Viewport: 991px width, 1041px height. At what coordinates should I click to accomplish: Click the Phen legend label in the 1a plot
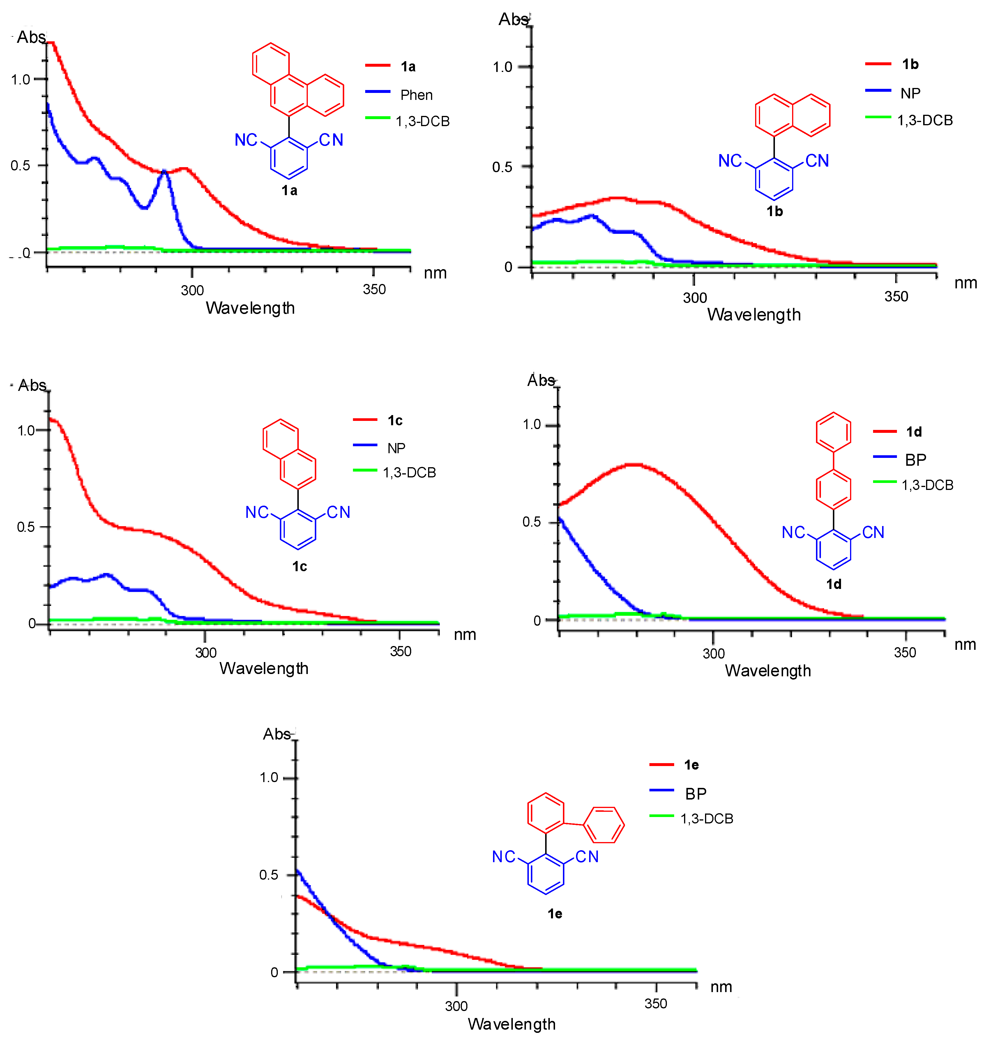pyautogui.click(x=416, y=95)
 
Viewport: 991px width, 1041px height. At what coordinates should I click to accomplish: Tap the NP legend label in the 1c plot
pyautogui.click(x=396, y=449)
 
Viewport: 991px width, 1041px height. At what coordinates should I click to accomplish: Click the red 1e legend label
pyautogui.click(x=691, y=765)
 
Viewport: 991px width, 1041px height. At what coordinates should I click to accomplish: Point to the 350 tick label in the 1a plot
pyautogui.click(x=374, y=290)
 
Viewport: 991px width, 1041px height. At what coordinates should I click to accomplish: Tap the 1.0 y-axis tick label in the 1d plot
pyautogui.click(x=532, y=425)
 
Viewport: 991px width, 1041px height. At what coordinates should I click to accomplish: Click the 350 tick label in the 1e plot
pyautogui.click(x=656, y=1003)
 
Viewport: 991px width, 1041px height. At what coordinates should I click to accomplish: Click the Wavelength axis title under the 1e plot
pyautogui.click(x=511, y=1024)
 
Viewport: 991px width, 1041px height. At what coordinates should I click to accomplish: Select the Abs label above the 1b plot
pyautogui.click(x=513, y=20)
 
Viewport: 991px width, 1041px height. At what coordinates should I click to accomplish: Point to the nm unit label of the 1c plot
pyautogui.click(x=465, y=635)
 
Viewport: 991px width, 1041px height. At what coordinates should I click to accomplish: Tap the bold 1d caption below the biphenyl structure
pyautogui.click(x=833, y=584)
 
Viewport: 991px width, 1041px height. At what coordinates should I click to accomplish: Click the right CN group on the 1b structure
pyautogui.click(x=817, y=161)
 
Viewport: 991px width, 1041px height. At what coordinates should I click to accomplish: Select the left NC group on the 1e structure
pyautogui.click(x=504, y=857)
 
